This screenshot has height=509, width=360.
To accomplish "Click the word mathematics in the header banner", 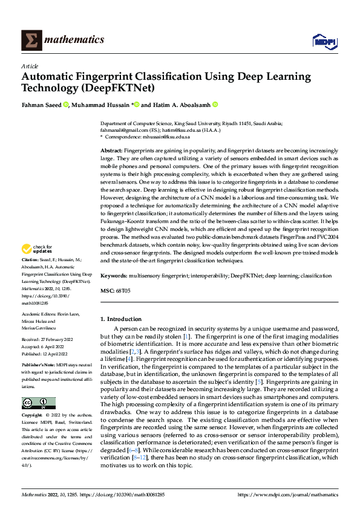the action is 76,40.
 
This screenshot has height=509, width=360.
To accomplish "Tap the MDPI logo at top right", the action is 324,41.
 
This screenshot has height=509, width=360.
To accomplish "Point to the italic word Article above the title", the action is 30,66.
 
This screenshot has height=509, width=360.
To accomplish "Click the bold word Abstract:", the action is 112,149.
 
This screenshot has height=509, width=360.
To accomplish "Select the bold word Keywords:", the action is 115,276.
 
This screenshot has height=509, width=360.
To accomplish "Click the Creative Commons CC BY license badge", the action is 39,403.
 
